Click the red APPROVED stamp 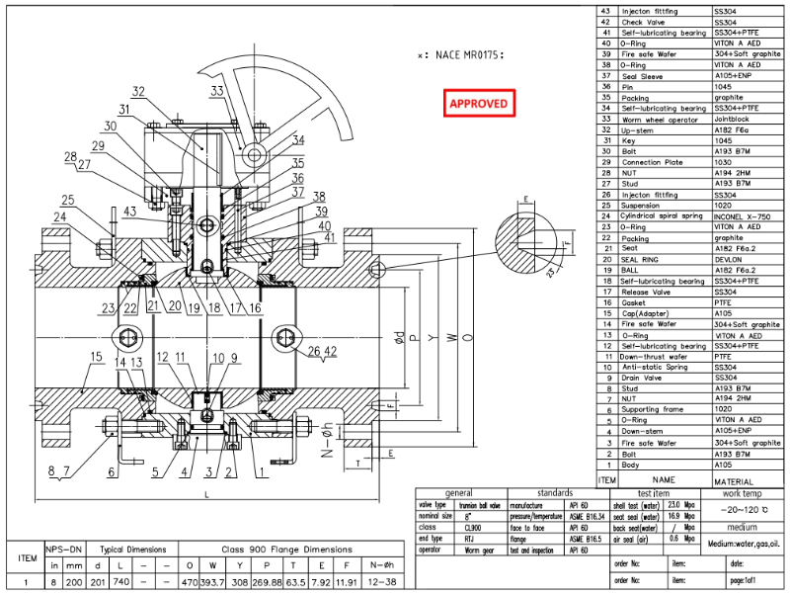pos(479,103)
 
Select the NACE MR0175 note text pos(461,55)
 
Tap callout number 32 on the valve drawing pos(138,91)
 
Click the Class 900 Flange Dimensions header pos(285,550)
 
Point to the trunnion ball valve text pos(471,504)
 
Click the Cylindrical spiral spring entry pos(662,215)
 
